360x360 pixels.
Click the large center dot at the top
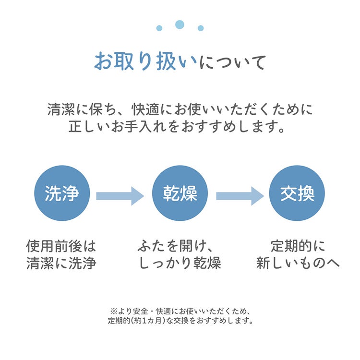180,24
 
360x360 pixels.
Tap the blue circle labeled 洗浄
62,193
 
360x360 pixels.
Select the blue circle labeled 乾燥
180,193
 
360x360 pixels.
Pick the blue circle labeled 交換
297,193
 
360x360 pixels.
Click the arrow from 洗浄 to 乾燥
120,196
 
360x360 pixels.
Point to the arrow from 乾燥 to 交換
240,196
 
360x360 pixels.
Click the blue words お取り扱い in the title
146,61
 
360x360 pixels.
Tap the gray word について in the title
233,62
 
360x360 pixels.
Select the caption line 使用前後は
61,246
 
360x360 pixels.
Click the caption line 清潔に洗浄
61,263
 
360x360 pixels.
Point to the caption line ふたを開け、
176,246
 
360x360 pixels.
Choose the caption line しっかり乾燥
180,263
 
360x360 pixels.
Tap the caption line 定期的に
298,246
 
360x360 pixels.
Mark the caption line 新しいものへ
298,263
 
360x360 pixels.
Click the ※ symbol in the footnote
114,312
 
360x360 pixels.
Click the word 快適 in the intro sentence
145,109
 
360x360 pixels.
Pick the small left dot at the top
159,28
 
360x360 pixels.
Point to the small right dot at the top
201,28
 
